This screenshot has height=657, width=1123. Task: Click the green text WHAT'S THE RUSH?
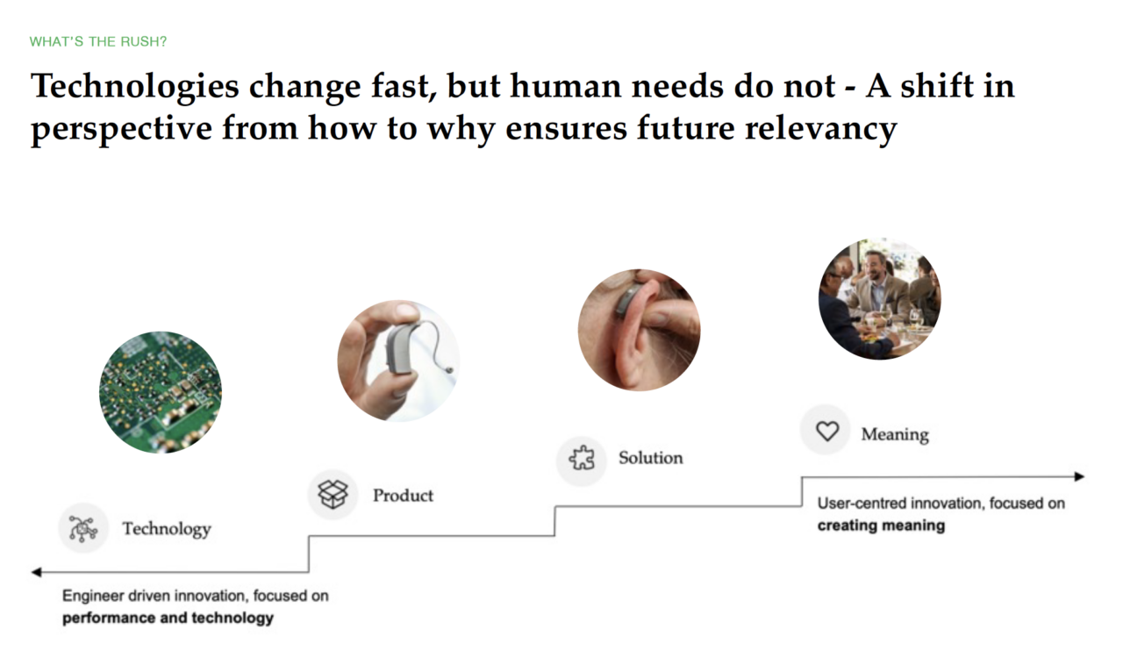pyautogui.click(x=97, y=41)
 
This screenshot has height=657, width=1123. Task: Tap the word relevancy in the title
pyautogui.click(x=820, y=129)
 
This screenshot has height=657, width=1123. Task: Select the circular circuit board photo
pyautogui.click(x=161, y=392)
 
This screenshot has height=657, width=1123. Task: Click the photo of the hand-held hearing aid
pyautogui.click(x=398, y=361)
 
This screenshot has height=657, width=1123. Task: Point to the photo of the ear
pyautogui.click(x=639, y=330)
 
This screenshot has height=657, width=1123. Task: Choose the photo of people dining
pyautogui.click(x=879, y=299)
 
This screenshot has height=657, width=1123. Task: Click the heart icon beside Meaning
pyautogui.click(x=826, y=431)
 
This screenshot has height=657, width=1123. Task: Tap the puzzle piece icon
pyautogui.click(x=582, y=458)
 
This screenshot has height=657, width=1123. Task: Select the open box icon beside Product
pyautogui.click(x=333, y=495)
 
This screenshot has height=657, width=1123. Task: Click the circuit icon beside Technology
pyautogui.click(x=83, y=528)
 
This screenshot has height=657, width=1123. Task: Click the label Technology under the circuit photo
pyautogui.click(x=167, y=529)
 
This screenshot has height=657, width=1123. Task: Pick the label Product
pyautogui.click(x=403, y=496)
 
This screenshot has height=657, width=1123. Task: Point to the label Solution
pyautogui.click(x=651, y=458)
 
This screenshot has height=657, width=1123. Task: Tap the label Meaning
pyautogui.click(x=895, y=435)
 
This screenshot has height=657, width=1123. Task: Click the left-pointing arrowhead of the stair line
pyautogui.click(x=36, y=572)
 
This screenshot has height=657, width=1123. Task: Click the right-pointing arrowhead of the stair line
pyautogui.click(x=1079, y=476)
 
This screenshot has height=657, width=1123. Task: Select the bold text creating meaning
pyautogui.click(x=881, y=525)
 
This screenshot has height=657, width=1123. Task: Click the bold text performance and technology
pyautogui.click(x=168, y=618)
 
